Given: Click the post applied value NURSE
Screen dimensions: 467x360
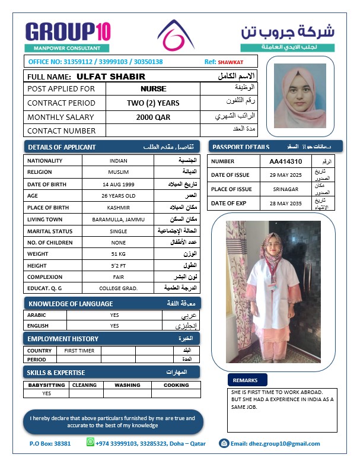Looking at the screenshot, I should [x=153, y=89].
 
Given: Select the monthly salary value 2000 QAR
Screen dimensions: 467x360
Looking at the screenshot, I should [x=153, y=117].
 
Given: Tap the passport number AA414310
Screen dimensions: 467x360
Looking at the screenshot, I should [x=286, y=161].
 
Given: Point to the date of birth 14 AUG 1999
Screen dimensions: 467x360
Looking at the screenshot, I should [x=118, y=184].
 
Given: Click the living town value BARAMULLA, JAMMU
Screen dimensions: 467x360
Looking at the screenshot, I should [x=118, y=220].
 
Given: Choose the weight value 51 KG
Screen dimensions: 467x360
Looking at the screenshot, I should [x=118, y=254].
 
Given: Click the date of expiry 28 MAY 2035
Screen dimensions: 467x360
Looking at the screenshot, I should [x=285, y=204].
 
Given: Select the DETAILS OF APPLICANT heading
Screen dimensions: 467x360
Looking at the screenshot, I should [x=62, y=147].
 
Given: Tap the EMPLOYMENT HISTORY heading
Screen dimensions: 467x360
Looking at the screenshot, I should [x=63, y=338].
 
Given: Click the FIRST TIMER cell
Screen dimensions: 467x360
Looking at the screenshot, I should [x=79, y=351].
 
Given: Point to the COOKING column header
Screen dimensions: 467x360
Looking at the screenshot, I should [x=176, y=385].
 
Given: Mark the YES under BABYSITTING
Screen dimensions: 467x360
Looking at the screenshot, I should [x=46, y=393].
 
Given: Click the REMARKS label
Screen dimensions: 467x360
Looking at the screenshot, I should [x=245, y=380].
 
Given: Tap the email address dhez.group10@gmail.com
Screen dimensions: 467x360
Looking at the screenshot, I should [x=275, y=443].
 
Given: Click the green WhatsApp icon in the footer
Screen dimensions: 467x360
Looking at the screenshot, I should [x=90, y=442].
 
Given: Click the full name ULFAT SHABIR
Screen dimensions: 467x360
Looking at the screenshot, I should [x=111, y=77].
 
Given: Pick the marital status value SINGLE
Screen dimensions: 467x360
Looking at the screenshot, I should [x=118, y=231].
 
